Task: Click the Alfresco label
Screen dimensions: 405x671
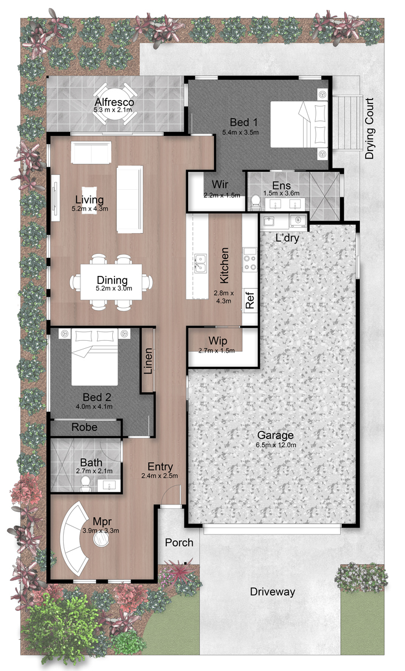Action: (x=114, y=102)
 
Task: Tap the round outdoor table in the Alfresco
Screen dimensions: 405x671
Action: (x=115, y=104)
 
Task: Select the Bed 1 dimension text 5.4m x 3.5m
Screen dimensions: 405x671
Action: (x=240, y=132)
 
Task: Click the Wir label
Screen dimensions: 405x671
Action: (x=220, y=185)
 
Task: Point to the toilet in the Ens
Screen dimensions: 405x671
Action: (x=256, y=202)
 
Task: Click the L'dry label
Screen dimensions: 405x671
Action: (x=287, y=238)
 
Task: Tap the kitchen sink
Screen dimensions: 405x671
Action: (x=200, y=263)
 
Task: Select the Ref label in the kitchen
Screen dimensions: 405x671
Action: (x=250, y=300)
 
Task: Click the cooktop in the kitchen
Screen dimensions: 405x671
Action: (x=249, y=259)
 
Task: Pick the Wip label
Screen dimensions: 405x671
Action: (x=218, y=341)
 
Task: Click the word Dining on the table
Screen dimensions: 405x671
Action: (x=112, y=281)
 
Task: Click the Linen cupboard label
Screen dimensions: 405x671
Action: (x=148, y=361)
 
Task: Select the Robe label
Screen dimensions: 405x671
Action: (x=84, y=427)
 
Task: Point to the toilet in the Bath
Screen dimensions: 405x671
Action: (x=85, y=482)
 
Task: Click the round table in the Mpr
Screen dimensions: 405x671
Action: (x=101, y=539)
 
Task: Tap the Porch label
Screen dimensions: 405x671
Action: (x=179, y=543)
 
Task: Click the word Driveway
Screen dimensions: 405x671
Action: (x=273, y=592)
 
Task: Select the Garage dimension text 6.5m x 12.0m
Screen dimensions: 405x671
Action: (x=276, y=445)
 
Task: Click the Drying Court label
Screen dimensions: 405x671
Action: (x=369, y=128)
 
